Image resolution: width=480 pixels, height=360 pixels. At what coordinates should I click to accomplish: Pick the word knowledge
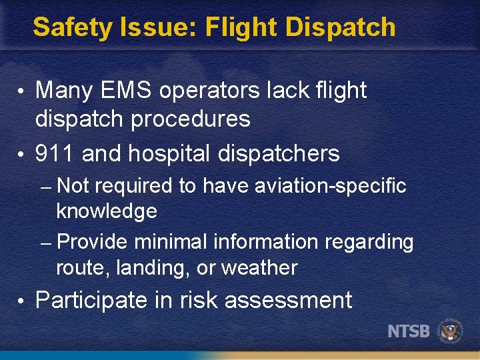pos(107,211)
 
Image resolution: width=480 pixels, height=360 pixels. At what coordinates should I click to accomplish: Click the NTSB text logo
pos(408,331)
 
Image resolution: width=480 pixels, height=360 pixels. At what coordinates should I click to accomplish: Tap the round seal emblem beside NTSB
pos(450,331)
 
